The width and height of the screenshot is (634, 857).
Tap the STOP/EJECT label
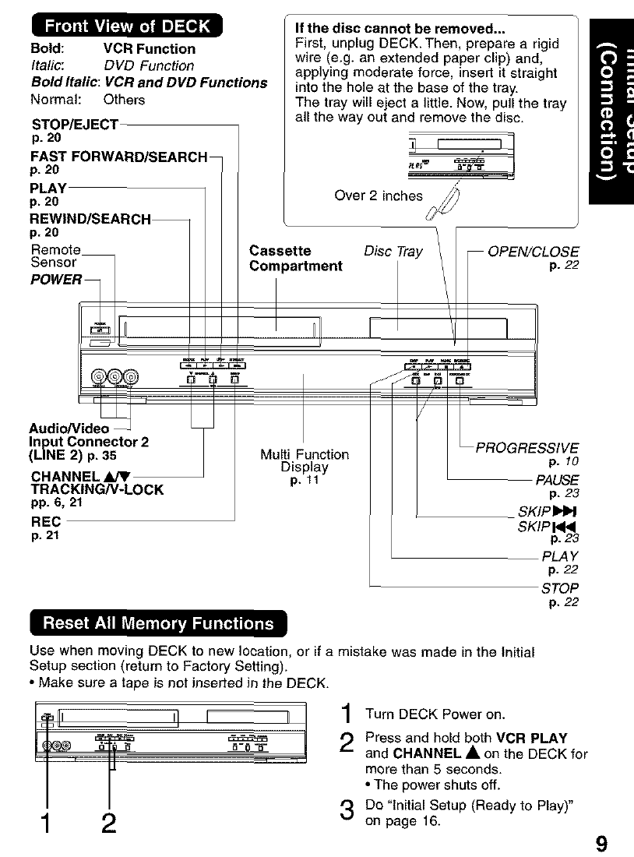(75, 124)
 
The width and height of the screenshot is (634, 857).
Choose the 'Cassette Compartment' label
(295, 259)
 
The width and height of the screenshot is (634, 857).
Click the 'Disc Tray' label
(394, 251)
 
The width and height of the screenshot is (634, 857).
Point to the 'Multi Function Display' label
(305, 460)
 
